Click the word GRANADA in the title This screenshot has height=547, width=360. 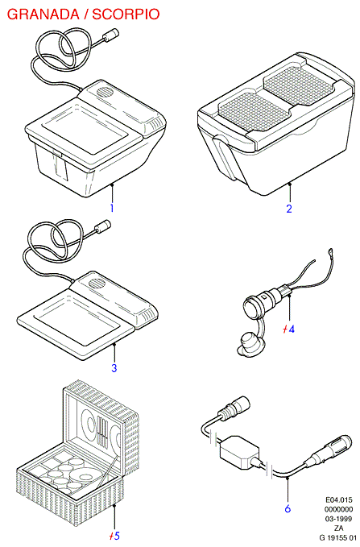point(43,15)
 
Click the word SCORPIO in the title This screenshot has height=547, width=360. point(126,15)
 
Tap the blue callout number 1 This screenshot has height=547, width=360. point(112,209)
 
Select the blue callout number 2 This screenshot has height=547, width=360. point(289,209)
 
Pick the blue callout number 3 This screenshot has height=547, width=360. point(114,367)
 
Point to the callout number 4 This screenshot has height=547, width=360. point(292,329)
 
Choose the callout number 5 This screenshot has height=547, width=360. point(117,536)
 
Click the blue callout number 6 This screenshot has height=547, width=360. point(288,508)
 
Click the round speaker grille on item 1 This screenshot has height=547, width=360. point(104,93)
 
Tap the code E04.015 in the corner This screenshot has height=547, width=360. point(339,500)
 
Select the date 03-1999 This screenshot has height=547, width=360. point(339,519)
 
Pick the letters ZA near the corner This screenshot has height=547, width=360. point(339,528)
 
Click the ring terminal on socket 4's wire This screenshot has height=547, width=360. point(329,251)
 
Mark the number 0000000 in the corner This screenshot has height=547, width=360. point(339,509)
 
